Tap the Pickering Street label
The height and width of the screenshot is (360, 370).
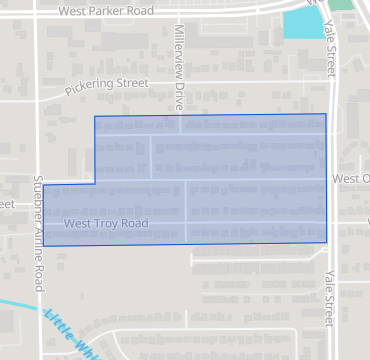pos(105,85)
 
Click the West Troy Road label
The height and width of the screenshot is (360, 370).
pos(106,224)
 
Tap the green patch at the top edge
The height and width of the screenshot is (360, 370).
pos(342,4)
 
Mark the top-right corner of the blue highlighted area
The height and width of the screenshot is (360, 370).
pos(326,114)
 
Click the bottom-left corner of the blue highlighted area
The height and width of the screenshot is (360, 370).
pos(43,244)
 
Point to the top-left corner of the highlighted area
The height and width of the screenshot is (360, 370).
pos(94,117)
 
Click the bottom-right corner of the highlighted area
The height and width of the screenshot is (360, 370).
pos(326,242)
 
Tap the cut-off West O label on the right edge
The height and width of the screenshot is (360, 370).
pos(351,180)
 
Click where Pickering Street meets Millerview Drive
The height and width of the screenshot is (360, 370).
pos(180,81)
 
